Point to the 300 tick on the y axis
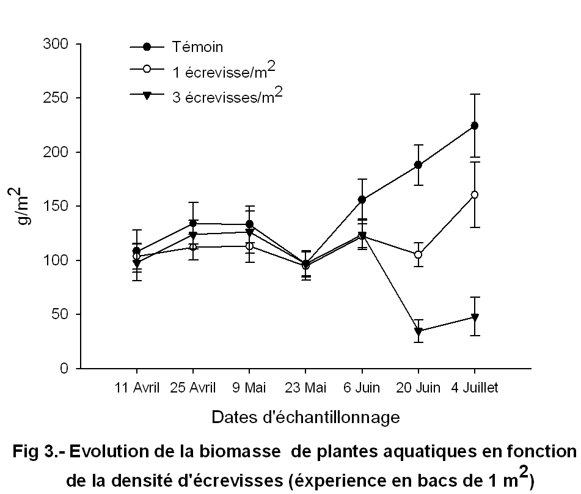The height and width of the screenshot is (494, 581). (58, 45)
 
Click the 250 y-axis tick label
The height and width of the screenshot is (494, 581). (58, 98)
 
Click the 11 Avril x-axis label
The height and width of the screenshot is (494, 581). (137, 388)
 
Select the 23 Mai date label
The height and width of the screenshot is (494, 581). (305, 388)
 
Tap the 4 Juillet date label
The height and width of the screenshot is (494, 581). (474, 388)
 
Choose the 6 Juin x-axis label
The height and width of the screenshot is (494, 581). (362, 388)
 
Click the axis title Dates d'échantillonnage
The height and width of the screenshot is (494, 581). (305, 418)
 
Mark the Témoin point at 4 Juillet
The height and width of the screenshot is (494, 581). (474, 125)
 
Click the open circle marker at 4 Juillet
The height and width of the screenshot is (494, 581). (474, 195)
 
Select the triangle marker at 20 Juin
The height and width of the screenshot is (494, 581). (418, 331)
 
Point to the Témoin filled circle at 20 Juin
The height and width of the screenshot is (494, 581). (418, 164)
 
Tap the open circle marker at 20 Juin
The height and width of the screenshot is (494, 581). (418, 254)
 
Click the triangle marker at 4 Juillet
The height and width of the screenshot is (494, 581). (474, 317)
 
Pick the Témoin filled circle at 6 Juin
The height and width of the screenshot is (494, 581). (362, 199)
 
